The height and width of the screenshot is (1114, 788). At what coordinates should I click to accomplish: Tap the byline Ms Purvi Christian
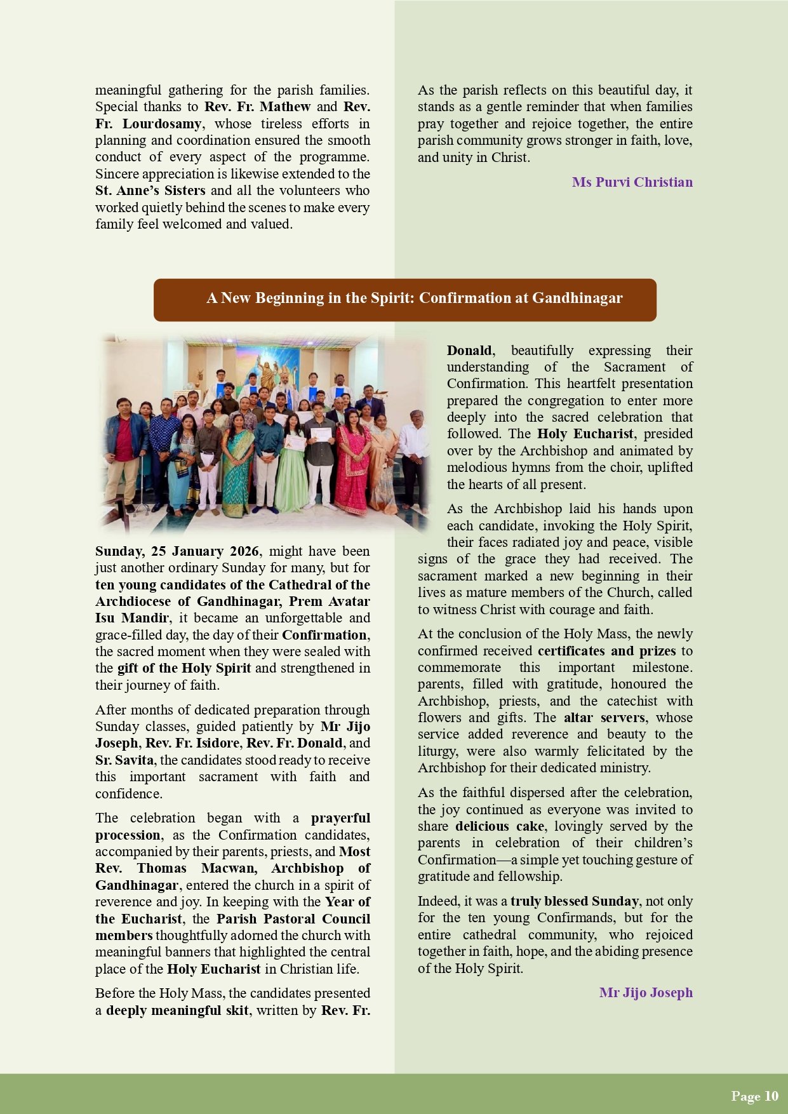click(632, 182)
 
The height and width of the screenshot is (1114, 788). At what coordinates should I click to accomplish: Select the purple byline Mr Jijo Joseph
click(646, 992)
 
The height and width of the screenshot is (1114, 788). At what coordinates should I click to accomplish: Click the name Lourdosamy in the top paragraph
click(162, 124)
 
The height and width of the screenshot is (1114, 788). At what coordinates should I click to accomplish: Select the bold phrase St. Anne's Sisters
click(150, 191)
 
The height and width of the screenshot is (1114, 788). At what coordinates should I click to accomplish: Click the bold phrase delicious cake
click(500, 826)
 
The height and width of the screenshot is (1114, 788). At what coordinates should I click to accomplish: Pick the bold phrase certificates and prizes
click(606, 651)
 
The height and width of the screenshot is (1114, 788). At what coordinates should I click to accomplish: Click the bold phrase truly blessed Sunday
click(575, 901)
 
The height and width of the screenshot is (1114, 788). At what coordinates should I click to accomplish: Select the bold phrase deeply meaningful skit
click(177, 1010)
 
